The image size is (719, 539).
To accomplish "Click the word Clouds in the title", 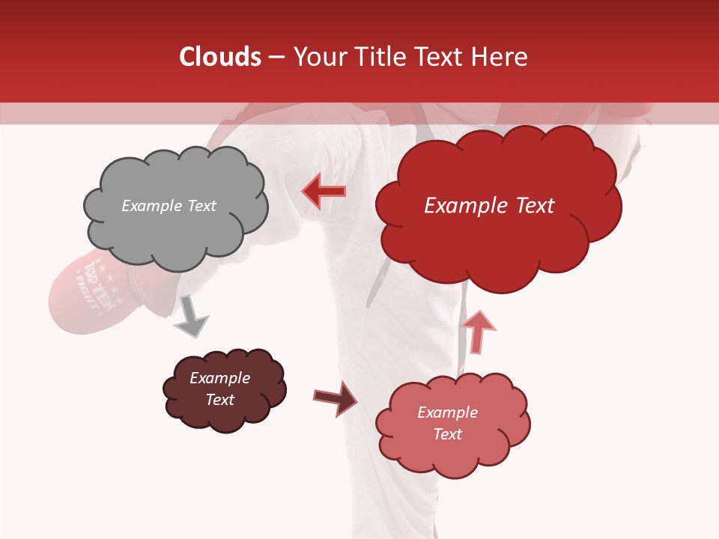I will (220, 57).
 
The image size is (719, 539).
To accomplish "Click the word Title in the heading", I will (377, 57).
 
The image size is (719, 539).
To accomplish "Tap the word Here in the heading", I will (500, 57).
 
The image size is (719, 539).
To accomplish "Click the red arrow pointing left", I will (324, 192).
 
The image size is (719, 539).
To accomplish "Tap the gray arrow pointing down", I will (191, 317).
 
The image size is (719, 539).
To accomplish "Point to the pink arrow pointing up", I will (478, 331).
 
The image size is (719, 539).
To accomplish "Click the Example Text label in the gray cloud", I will (169, 206).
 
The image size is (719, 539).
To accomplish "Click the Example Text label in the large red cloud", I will (489, 206).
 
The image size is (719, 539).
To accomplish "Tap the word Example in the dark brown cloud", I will (219, 378).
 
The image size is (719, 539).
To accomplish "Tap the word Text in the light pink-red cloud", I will (447, 434).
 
